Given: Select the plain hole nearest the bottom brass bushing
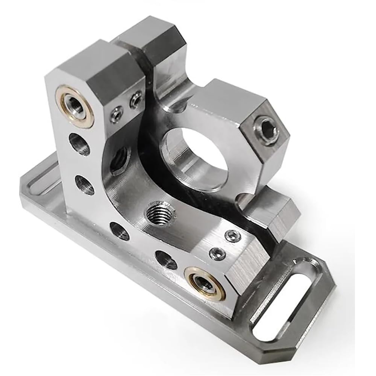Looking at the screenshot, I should pyautogui.click(x=166, y=259).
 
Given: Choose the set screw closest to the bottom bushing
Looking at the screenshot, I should pyautogui.click(x=218, y=253).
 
